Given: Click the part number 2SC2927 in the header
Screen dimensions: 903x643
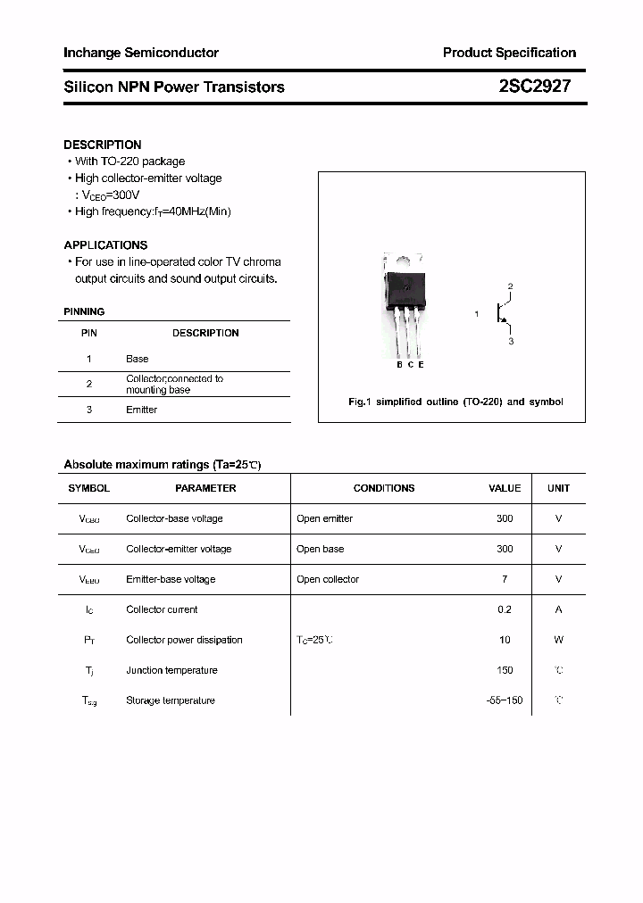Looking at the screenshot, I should pos(535,87).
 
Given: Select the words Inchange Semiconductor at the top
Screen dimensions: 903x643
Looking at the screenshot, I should pos(141,53).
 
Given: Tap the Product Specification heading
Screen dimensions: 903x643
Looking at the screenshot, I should pos(509,53).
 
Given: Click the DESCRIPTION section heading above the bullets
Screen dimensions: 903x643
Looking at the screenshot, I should pos(103,145).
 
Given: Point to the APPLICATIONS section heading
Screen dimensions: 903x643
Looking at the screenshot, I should pos(105,244).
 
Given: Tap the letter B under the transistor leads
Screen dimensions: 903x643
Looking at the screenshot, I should pos(399,364).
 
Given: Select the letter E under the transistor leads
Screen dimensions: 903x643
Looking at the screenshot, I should pos(421,364).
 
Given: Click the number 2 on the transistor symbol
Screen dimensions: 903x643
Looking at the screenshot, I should pos(510,286).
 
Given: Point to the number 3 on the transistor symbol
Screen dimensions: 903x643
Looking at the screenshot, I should pos(510,341).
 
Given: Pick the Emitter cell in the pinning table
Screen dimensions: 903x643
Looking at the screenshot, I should pos(141,410).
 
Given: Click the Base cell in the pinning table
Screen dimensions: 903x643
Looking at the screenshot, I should pos(138,359).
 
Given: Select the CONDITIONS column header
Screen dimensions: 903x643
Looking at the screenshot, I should pos(384,488).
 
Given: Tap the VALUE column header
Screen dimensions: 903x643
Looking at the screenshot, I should pos(505,488).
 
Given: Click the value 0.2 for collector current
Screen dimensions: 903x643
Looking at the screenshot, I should pos(505,609).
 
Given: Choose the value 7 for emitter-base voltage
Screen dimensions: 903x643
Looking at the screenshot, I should pos(505,579).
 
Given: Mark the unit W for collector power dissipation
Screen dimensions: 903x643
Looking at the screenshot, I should pos(558,640).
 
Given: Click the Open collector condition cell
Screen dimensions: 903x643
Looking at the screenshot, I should pos(328,579).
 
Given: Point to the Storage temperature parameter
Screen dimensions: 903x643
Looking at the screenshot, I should pos(171,700).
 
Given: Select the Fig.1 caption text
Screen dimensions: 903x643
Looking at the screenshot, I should pos(455,402).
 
